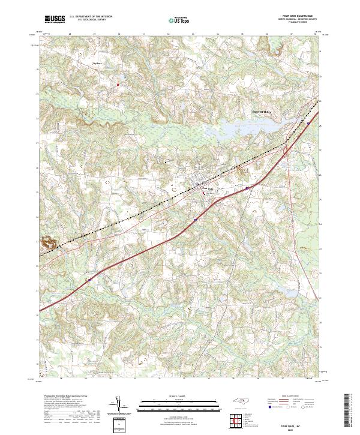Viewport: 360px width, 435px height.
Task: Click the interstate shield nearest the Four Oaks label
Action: point(247,187)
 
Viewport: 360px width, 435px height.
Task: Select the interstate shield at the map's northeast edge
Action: point(308,123)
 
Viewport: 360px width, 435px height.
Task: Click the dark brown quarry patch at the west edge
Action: point(47,243)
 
